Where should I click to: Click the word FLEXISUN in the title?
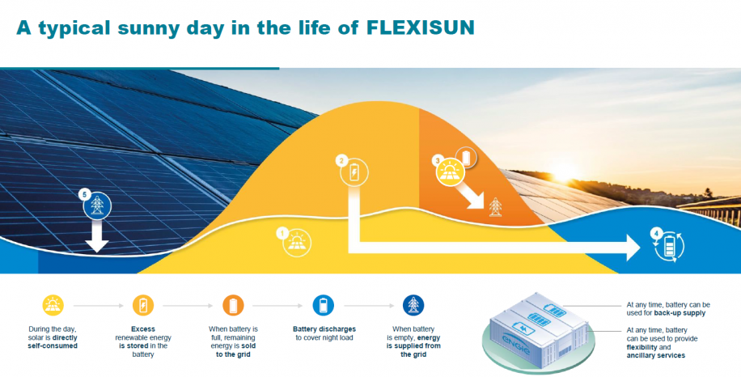click(420, 28)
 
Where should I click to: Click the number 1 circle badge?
click(282, 232)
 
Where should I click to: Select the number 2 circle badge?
click(341, 161)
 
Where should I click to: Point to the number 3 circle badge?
click(437, 161)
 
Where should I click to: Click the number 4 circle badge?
click(655, 232)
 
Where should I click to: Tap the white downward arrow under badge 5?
click(97, 236)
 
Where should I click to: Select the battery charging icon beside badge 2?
click(354, 172)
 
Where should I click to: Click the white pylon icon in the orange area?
click(495, 207)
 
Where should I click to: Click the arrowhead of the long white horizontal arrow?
click(633, 248)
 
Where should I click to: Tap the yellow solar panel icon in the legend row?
click(53, 305)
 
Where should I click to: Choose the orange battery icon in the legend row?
click(234, 305)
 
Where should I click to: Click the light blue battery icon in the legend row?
click(324, 305)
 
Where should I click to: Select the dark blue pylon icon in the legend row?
click(413, 305)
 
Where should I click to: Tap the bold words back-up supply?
click(680, 313)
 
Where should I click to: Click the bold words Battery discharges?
click(324, 329)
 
